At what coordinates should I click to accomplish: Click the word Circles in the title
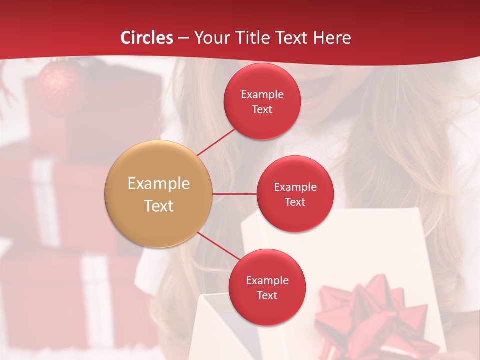tap(147, 38)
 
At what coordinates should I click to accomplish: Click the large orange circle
tap(159, 194)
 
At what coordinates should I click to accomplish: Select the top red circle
tap(262, 101)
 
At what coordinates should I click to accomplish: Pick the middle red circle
tap(295, 194)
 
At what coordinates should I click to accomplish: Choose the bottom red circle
tap(267, 287)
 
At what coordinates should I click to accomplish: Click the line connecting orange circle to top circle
tap(216, 141)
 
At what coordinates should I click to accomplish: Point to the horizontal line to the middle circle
tap(234, 194)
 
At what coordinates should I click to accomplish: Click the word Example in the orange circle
tap(159, 184)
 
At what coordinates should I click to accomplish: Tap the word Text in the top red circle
tap(262, 109)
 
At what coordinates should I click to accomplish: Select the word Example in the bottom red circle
tap(267, 280)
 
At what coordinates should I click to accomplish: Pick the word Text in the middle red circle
tap(295, 202)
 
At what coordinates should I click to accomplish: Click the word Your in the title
tap(211, 38)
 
